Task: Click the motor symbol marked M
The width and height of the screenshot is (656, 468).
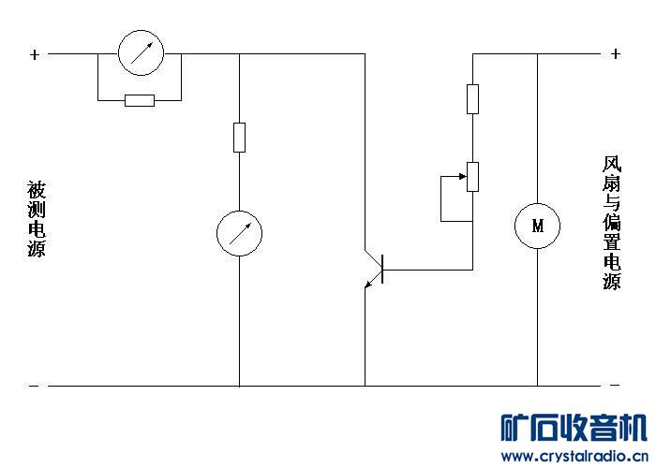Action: click(x=537, y=226)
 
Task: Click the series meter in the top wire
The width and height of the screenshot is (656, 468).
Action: click(x=140, y=53)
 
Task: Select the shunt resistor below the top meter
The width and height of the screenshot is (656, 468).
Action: click(x=140, y=100)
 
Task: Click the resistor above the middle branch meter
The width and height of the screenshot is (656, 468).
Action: click(x=239, y=137)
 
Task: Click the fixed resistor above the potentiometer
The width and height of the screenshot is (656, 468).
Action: click(x=472, y=98)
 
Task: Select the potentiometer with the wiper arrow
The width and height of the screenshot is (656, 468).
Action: click(x=472, y=176)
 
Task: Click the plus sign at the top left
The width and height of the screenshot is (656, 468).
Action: click(x=35, y=54)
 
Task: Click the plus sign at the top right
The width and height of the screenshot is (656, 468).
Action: click(x=615, y=54)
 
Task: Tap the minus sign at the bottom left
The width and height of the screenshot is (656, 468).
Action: click(x=35, y=386)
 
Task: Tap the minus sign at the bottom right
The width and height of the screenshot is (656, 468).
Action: click(x=615, y=386)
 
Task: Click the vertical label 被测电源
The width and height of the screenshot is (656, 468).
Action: click(x=36, y=219)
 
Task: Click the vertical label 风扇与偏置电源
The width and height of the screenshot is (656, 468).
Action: click(x=611, y=223)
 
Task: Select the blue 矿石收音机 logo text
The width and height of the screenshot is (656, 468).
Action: click(x=574, y=429)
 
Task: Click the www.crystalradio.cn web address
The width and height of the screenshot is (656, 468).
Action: click(x=574, y=456)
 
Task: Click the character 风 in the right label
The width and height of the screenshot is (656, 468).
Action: click(x=611, y=164)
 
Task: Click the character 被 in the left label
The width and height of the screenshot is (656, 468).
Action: click(x=36, y=189)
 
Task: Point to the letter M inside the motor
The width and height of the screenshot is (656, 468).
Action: click(x=537, y=226)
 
